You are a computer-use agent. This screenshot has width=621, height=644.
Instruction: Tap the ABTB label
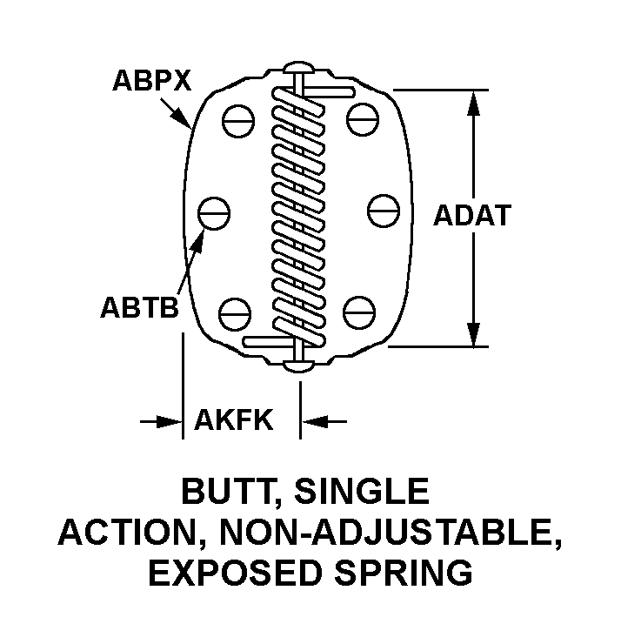pos(139,307)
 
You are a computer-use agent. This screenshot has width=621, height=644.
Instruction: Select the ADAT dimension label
pos(471,215)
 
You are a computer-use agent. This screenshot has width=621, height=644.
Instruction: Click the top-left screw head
pos(237,120)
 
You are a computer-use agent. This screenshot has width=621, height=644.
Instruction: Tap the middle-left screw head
pos(214,210)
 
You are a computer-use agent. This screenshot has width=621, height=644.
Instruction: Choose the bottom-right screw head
pos(358,310)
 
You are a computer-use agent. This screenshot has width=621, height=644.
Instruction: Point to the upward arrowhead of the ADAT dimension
pos(474,104)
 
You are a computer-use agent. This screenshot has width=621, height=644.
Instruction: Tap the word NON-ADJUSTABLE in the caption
pos(397,533)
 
